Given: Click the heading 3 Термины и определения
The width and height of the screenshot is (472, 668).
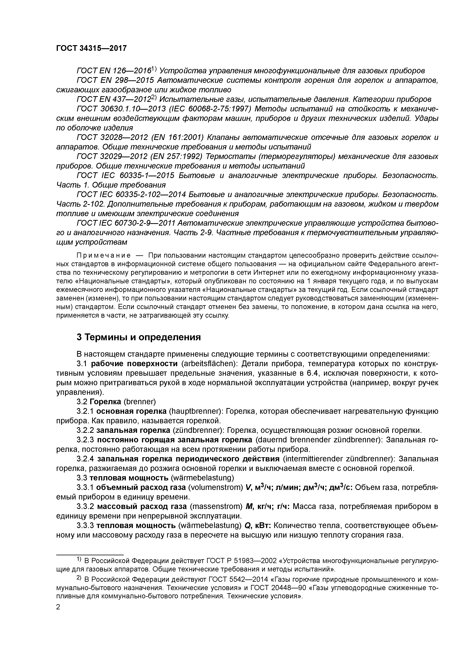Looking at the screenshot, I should click(x=139, y=337).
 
